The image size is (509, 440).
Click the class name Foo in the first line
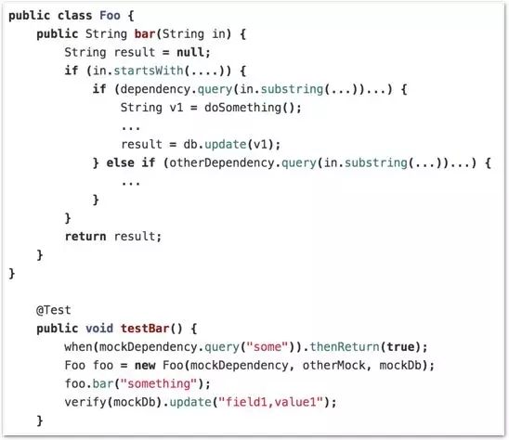110,16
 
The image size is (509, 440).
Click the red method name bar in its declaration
145,33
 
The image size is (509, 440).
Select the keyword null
190,52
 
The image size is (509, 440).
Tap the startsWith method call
149,71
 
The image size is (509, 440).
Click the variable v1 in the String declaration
176,108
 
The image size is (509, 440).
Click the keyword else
121,162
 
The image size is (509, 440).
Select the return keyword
85,236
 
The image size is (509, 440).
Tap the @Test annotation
54,310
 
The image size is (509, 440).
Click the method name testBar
145,329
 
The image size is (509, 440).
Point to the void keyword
99,329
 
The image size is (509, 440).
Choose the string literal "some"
268,347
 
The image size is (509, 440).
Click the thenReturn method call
345,347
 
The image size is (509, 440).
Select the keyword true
400,347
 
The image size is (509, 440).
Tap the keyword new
145,366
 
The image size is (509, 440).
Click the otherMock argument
333,366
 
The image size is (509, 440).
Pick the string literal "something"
159,384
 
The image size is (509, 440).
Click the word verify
85,402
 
